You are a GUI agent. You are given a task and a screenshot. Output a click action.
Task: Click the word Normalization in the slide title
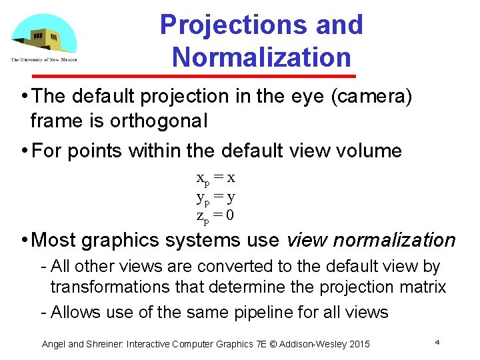coord(261,57)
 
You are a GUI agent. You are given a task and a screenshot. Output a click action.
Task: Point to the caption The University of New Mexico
coord(43,60)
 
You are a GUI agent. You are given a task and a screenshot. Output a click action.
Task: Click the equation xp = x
coord(215,179)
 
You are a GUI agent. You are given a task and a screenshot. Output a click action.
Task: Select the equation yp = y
coord(215,197)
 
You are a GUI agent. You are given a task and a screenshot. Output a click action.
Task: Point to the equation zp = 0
coord(215,215)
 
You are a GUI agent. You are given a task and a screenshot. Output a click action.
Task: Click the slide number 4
coord(437,342)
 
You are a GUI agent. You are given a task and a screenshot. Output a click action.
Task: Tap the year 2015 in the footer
coord(357,344)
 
